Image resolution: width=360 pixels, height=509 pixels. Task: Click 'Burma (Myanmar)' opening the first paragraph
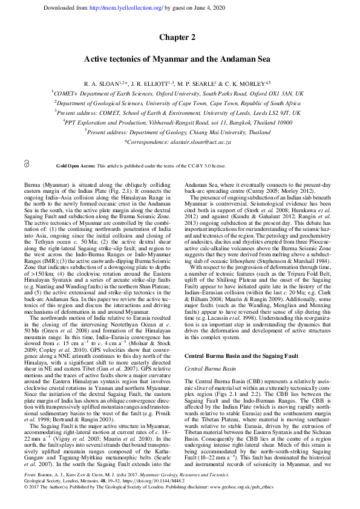[45, 182]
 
